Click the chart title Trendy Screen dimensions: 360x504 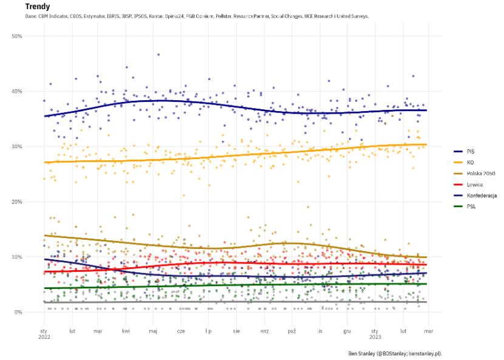click(38, 7)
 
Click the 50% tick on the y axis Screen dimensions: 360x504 click(17, 36)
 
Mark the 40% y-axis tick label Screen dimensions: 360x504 click(17, 92)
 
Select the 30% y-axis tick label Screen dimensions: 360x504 click(17, 147)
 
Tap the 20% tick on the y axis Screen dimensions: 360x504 click(17, 202)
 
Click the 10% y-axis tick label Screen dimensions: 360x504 click(17, 257)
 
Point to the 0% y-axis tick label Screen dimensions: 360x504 click(18, 313)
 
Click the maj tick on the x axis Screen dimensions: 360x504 click(154, 331)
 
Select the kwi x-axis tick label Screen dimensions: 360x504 click(126, 331)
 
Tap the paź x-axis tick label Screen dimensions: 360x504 click(292, 331)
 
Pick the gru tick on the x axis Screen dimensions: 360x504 click(347, 331)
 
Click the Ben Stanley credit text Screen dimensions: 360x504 click(395, 353)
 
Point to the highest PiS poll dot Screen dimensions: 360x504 click(158, 55)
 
